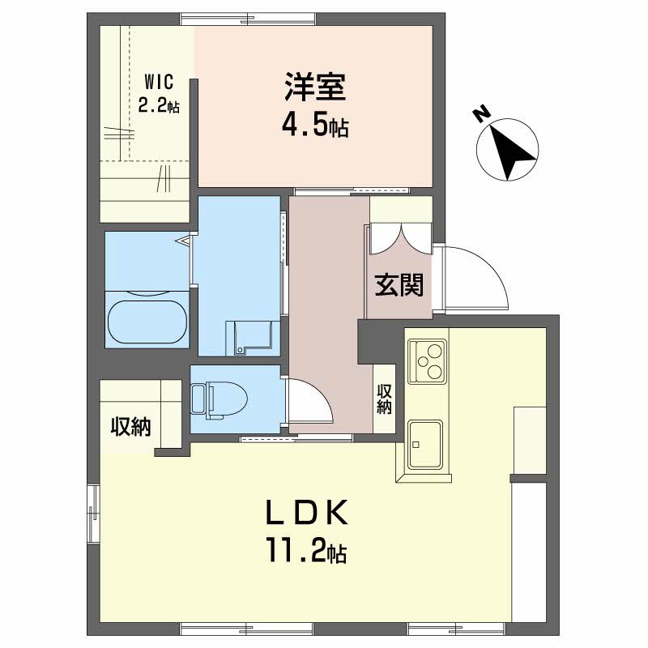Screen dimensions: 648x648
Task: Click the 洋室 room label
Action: click(315, 87)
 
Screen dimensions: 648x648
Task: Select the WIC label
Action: click(159, 83)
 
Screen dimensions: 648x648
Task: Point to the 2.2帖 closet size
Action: click(159, 106)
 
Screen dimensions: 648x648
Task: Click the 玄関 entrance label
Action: click(399, 285)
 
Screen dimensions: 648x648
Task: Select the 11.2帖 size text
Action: click(307, 550)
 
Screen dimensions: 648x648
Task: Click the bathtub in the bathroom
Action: click(147, 322)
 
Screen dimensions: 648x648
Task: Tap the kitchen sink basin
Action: click(425, 444)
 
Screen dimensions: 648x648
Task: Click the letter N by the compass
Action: click(481, 115)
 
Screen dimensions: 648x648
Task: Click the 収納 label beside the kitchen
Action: click(384, 399)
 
